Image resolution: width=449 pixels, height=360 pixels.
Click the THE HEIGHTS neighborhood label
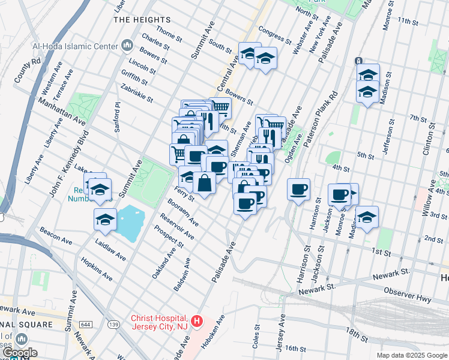[137, 20]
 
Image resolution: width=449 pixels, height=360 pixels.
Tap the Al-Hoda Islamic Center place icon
[127, 45]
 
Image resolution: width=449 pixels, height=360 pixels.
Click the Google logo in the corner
[19, 353]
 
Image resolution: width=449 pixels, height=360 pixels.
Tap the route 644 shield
[86, 324]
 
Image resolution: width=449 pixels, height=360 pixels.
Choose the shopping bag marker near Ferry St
[205, 183]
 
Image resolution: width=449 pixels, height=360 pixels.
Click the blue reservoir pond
[128, 223]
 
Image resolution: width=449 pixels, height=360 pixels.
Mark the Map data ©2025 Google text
[412, 355]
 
